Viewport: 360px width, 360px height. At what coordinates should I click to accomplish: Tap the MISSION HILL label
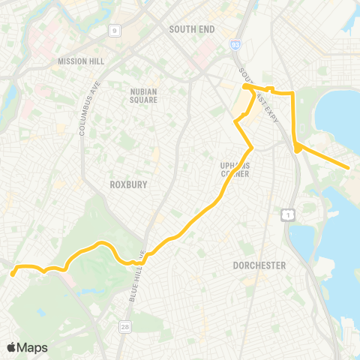78,61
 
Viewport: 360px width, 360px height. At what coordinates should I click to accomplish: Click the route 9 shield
115,31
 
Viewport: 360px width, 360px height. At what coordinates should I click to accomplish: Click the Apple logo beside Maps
12,347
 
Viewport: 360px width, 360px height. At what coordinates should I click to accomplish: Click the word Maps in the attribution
33,347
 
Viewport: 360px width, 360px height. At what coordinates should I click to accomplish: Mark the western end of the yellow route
13,274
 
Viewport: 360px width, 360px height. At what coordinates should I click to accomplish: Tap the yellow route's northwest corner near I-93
246,88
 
